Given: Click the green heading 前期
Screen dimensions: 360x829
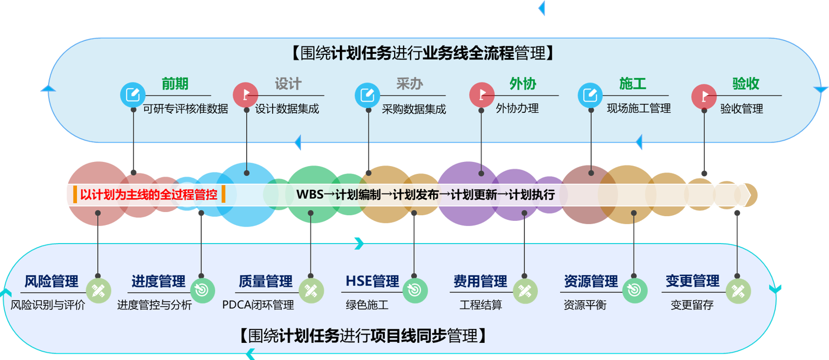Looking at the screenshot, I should coord(175,84).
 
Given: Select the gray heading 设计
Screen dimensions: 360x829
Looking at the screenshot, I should coord(288,84).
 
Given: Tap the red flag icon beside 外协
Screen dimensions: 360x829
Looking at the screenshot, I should coord(481,95).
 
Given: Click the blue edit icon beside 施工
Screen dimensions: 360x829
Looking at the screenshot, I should coord(590,95).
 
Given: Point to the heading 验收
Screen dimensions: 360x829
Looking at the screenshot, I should coord(746,84).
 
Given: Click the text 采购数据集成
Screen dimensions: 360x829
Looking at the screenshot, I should coord(414,109).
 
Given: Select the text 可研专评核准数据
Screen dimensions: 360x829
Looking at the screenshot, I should coord(186,109).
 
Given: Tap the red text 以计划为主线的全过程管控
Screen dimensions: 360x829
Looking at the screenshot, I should coord(149,194).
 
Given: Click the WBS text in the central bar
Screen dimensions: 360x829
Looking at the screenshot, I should coord(310,194).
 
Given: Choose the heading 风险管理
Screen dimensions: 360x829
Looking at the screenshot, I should coord(52,281).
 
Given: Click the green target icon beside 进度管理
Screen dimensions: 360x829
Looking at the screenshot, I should coord(202,290).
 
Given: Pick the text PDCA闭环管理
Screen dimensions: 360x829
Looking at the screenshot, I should coord(258,305).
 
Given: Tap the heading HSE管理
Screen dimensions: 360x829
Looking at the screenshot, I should coord(372,281).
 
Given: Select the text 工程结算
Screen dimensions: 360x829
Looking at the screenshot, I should coord(481,305).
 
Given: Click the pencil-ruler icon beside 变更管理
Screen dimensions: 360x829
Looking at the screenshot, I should coord(738,291).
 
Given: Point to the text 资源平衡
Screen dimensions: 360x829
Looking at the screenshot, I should coord(585,305).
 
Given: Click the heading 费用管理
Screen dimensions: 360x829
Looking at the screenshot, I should coord(480,281).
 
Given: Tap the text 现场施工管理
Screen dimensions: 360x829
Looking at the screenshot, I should coord(639,109).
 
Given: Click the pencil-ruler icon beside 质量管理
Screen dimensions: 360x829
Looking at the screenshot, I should coord(311,291).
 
